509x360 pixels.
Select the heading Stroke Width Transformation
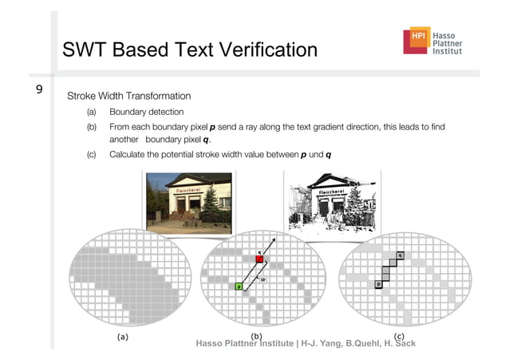[128, 96]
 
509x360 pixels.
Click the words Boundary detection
[147, 112]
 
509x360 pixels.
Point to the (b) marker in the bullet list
[92, 127]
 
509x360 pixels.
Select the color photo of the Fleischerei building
[188, 204]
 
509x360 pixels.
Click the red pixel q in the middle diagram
[259, 259]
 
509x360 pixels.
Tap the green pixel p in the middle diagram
[239, 286]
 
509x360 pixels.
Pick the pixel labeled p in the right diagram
[377, 283]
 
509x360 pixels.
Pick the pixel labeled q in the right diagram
[400, 255]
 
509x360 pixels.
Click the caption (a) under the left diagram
[122, 337]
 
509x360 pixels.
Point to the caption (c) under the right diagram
[399, 336]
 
